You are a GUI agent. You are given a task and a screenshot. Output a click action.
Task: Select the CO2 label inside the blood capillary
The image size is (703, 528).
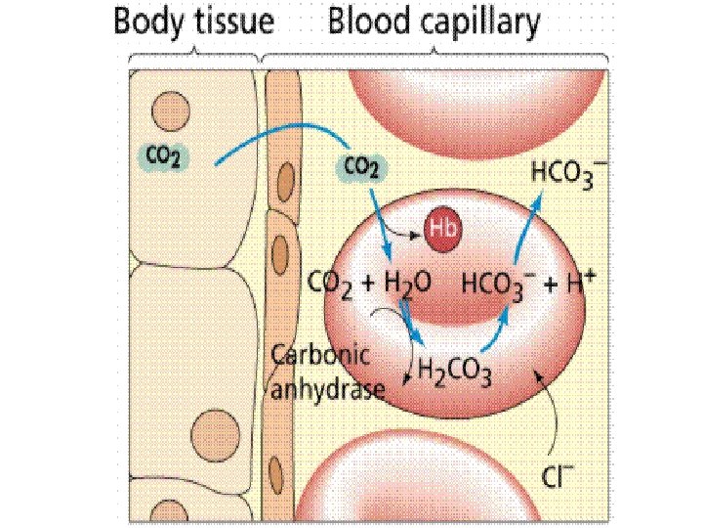click(x=362, y=167)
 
